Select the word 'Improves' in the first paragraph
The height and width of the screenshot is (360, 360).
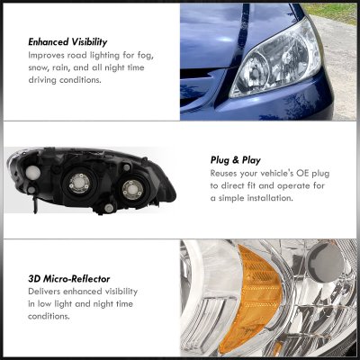pos(49,55)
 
